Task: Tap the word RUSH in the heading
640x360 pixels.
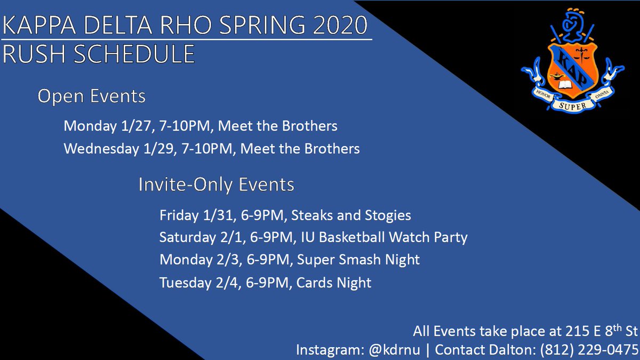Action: pos(33,54)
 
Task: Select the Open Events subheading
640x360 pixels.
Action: pos(91,97)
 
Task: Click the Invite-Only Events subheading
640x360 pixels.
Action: pos(216,185)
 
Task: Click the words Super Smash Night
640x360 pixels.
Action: pos(358,260)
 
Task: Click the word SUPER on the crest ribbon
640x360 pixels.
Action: pos(572,106)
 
